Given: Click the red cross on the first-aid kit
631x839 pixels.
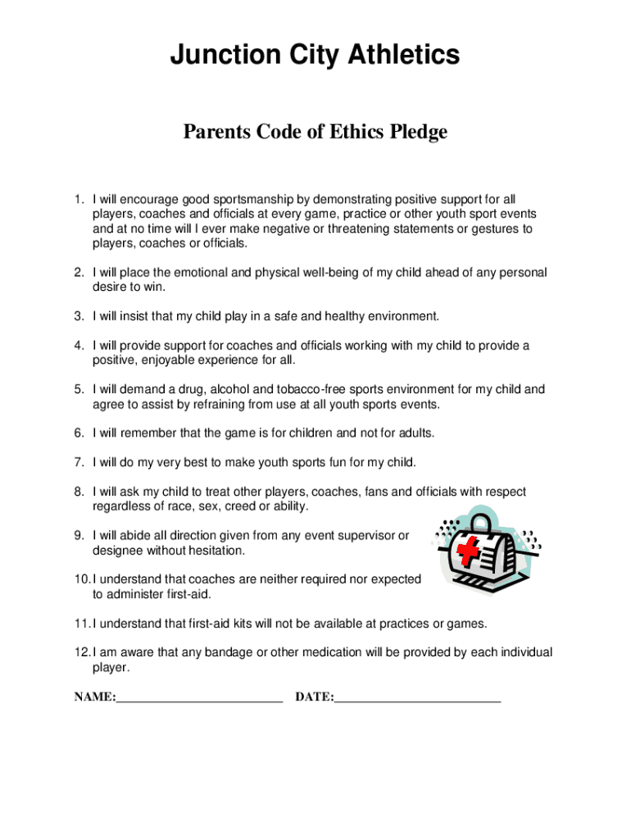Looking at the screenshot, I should tap(469, 551).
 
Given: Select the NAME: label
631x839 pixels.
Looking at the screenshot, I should tap(95, 697).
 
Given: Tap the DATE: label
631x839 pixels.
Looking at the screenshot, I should tap(315, 697).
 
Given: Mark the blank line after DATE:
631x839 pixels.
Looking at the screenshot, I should tap(418, 701).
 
